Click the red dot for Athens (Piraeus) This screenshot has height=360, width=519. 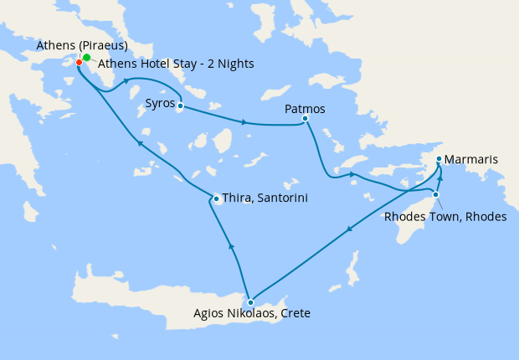click(79, 62)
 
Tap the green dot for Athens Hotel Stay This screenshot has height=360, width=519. click(87, 58)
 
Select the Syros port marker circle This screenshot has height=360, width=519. click(180, 106)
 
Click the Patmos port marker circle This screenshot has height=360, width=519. click(305, 119)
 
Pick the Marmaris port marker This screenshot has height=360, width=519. click(439, 158)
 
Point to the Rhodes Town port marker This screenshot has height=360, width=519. click(435, 194)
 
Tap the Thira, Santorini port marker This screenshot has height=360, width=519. click(216, 198)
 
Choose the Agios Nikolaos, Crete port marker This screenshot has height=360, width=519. click(250, 302)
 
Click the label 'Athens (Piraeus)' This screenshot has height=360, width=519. click(81, 45)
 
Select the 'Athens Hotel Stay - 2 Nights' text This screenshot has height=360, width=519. click(176, 64)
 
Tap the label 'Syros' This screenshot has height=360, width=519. click(160, 104)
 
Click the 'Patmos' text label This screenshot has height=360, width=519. click(305, 109)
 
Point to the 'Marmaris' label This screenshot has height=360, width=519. click(473, 158)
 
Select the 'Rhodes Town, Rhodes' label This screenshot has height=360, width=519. click(444, 217)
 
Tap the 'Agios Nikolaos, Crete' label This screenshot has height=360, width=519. click(251, 314)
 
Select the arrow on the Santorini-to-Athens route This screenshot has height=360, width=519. click(141, 144)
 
